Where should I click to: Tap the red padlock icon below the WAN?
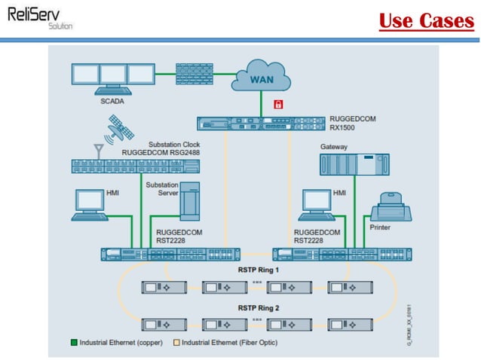(x=277, y=102)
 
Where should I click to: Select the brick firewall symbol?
(x=194, y=74)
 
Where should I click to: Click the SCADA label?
(x=113, y=100)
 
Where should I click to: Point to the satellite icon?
(x=120, y=128)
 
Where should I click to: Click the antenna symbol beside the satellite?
(x=97, y=148)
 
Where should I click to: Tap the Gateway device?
(x=346, y=165)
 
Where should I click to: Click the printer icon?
(x=391, y=205)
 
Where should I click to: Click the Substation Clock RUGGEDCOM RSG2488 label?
(x=162, y=148)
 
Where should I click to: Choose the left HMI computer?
(x=90, y=204)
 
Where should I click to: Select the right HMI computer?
(x=316, y=204)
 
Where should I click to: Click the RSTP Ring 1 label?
(x=258, y=270)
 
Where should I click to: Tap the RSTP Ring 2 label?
(x=258, y=308)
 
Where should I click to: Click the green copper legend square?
(x=73, y=343)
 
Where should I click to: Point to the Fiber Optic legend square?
(x=176, y=343)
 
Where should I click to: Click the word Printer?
(x=380, y=226)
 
